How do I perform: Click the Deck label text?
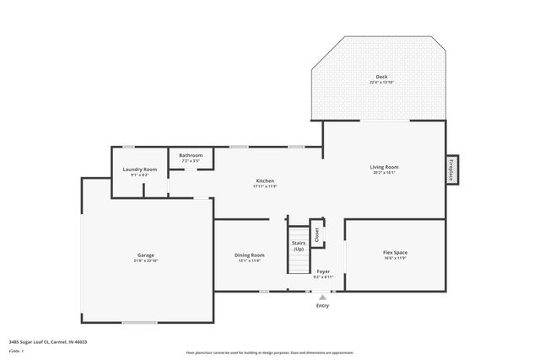pyautogui.click(x=382, y=77)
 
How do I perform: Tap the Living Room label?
pyautogui.click(x=384, y=167)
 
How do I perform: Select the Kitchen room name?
pyautogui.click(x=265, y=180)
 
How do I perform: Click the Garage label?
pyautogui.click(x=146, y=255)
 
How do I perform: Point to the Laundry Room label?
pyautogui.click(x=140, y=169)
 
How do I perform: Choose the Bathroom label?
pyautogui.click(x=191, y=155)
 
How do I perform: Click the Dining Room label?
pyautogui.click(x=251, y=255)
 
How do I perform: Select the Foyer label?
pyautogui.click(x=323, y=271)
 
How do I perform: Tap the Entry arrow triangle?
pyautogui.click(x=323, y=296)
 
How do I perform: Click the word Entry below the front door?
pyautogui.click(x=323, y=305)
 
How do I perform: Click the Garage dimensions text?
pyautogui.click(x=146, y=261)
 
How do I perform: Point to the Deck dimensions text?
pyautogui.click(x=382, y=83)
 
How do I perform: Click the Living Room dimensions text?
pyautogui.click(x=384, y=173)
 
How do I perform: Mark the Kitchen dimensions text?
pyautogui.click(x=265, y=186)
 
